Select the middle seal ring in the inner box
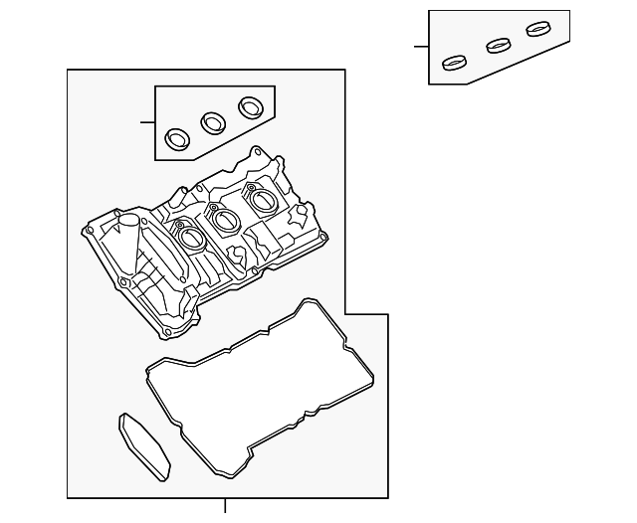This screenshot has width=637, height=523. [x=213, y=121]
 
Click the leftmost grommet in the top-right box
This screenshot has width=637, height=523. [x=455, y=63]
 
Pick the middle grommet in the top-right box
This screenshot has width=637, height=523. [x=498, y=46]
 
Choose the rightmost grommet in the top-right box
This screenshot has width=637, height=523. [x=538, y=29]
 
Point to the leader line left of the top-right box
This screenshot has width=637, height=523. [x=421, y=47]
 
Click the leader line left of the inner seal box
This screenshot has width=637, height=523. [x=147, y=122]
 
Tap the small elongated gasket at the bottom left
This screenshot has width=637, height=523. [x=144, y=446]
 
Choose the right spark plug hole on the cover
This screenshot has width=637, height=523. [x=262, y=200]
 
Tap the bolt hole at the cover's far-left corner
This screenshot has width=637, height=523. [x=89, y=232]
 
